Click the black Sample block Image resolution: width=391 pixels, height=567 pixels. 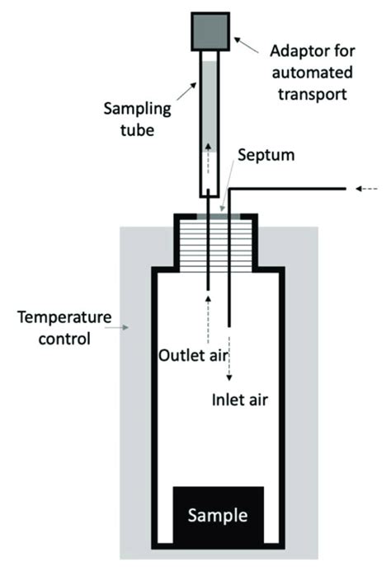point(218,516)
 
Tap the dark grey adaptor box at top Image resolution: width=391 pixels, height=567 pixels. point(214,30)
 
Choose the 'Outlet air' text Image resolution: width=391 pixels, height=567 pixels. point(191,356)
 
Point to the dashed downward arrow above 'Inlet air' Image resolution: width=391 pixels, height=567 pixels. point(229,363)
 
